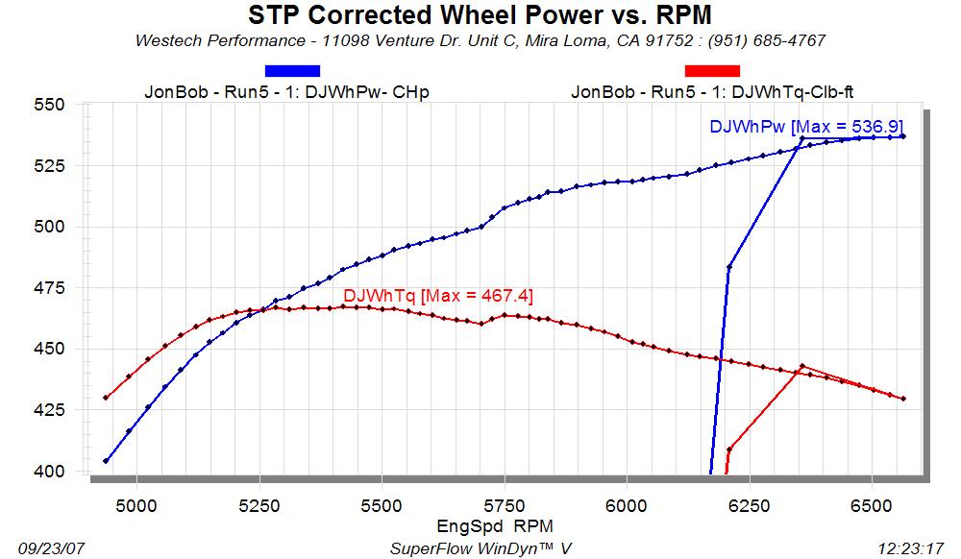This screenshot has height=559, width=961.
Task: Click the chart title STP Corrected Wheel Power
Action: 480,15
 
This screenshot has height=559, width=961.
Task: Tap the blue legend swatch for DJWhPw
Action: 292,70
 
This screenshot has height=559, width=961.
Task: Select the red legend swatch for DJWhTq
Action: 712,70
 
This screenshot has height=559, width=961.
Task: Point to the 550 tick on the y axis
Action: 51,106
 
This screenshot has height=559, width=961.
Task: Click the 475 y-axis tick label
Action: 51,288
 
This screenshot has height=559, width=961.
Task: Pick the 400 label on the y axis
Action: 51,472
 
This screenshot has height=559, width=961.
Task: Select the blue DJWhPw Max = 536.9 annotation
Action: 806,126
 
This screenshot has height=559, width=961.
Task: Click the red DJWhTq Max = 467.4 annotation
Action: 438,296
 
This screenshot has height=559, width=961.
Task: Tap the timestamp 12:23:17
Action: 912,547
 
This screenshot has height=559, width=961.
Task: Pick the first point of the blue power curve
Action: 106,461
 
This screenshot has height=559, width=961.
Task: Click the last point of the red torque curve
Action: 903,399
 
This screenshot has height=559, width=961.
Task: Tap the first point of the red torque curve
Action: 106,398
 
